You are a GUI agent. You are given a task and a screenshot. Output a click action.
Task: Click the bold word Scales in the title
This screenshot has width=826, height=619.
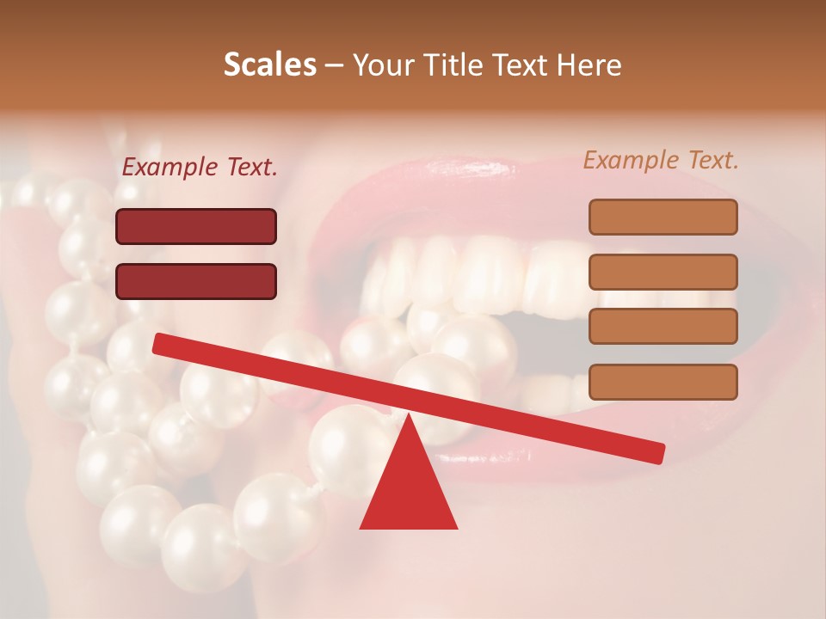click(269, 65)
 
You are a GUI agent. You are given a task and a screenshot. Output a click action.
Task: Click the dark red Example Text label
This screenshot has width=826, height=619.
click(199, 168)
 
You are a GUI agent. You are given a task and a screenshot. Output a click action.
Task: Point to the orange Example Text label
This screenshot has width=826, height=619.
click(661, 160)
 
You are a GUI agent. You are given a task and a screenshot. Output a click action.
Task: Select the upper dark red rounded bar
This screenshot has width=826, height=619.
click(196, 226)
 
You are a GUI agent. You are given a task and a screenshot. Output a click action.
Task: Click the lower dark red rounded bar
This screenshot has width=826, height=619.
click(196, 281)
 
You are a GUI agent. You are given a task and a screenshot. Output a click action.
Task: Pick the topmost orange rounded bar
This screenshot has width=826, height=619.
click(663, 217)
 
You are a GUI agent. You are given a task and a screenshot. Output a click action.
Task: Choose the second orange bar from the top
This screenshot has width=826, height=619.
click(663, 272)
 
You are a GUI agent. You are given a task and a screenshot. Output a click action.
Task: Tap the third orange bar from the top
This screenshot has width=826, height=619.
click(663, 327)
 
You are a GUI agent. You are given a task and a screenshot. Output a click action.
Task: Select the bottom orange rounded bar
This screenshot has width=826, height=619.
click(663, 382)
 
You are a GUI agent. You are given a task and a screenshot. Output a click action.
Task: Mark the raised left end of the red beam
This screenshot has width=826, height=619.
click(160, 344)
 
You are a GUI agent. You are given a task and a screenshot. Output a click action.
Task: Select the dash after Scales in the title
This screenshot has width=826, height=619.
click(334, 65)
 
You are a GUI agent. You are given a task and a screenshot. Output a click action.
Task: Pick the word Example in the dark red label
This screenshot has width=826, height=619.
click(168, 168)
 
